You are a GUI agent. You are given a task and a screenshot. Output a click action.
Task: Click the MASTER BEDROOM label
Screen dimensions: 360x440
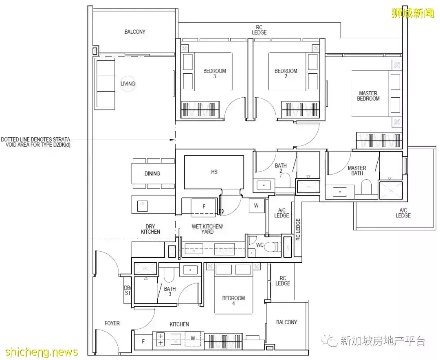click(x=368, y=96)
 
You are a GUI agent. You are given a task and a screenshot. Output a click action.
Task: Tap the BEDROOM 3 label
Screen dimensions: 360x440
click(x=214, y=74)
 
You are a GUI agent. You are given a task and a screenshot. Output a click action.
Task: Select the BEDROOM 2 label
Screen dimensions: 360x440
click(x=286, y=74)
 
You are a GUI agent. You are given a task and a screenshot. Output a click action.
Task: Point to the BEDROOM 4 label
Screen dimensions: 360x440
click(x=233, y=301)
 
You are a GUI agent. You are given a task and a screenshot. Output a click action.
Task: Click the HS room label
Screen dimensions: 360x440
click(x=214, y=172)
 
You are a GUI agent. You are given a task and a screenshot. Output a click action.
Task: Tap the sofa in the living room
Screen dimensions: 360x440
click(x=105, y=83)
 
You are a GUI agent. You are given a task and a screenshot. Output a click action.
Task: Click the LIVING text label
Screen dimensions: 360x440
click(x=128, y=84)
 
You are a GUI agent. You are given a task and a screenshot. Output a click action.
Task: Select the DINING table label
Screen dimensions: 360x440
click(x=152, y=173)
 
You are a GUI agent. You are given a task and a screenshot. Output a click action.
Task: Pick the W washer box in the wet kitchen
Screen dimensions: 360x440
click(x=256, y=206)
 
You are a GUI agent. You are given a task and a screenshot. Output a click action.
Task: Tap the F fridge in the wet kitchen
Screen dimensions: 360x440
click(x=204, y=207)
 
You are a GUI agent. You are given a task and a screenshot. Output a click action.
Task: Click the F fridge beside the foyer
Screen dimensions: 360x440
click(x=143, y=341)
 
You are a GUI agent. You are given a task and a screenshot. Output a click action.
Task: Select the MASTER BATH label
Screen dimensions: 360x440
click(x=356, y=171)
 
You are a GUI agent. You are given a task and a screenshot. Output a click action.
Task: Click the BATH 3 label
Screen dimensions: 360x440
click(x=169, y=292)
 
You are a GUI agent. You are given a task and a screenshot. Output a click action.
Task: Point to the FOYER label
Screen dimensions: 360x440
click(x=112, y=323)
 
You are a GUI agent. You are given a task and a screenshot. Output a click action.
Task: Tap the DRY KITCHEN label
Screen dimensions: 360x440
click(x=150, y=229)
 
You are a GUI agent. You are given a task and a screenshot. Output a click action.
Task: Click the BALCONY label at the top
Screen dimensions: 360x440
click(x=135, y=32)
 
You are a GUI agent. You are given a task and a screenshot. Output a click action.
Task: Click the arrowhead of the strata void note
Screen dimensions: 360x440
click(x=173, y=140)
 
